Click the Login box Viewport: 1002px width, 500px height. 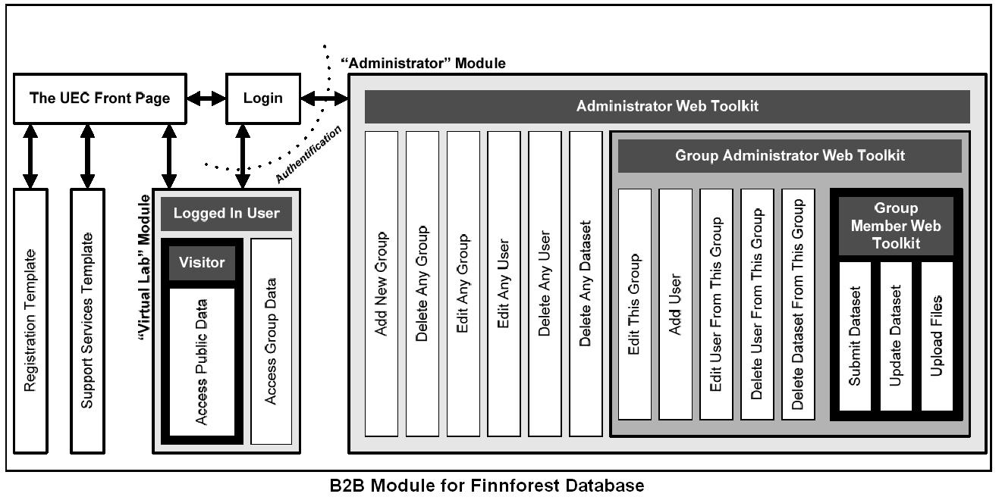click(x=262, y=98)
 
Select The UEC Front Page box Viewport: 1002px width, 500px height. click(x=99, y=98)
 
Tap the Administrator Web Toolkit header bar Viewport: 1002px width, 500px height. click(x=667, y=107)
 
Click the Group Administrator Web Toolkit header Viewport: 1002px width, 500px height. click(x=789, y=156)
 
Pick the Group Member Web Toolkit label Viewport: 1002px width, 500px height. click(x=895, y=226)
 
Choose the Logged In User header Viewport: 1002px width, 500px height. click(x=226, y=214)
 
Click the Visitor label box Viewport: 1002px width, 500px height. click(x=202, y=263)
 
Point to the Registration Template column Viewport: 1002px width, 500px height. click(x=30, y=320)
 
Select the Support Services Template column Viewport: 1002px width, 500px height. click(x=87, y=320)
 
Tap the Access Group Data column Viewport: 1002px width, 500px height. click(x=271, y=341)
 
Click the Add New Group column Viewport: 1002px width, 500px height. click(x=382, y=284)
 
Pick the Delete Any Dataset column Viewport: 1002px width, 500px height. click(x=586, y=284)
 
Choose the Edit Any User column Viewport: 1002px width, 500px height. click(x=504, y=284)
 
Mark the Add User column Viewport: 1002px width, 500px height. click(x=675, y=304)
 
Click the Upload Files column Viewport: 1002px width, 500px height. click(x=937, y=336)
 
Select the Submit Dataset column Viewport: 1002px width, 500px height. click(x=855, y=336)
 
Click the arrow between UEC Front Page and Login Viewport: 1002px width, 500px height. click(x=207, y=98)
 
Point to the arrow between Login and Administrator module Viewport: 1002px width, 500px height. click(x=324, y=98)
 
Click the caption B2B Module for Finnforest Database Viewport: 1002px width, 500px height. click(x=487, y=486)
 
